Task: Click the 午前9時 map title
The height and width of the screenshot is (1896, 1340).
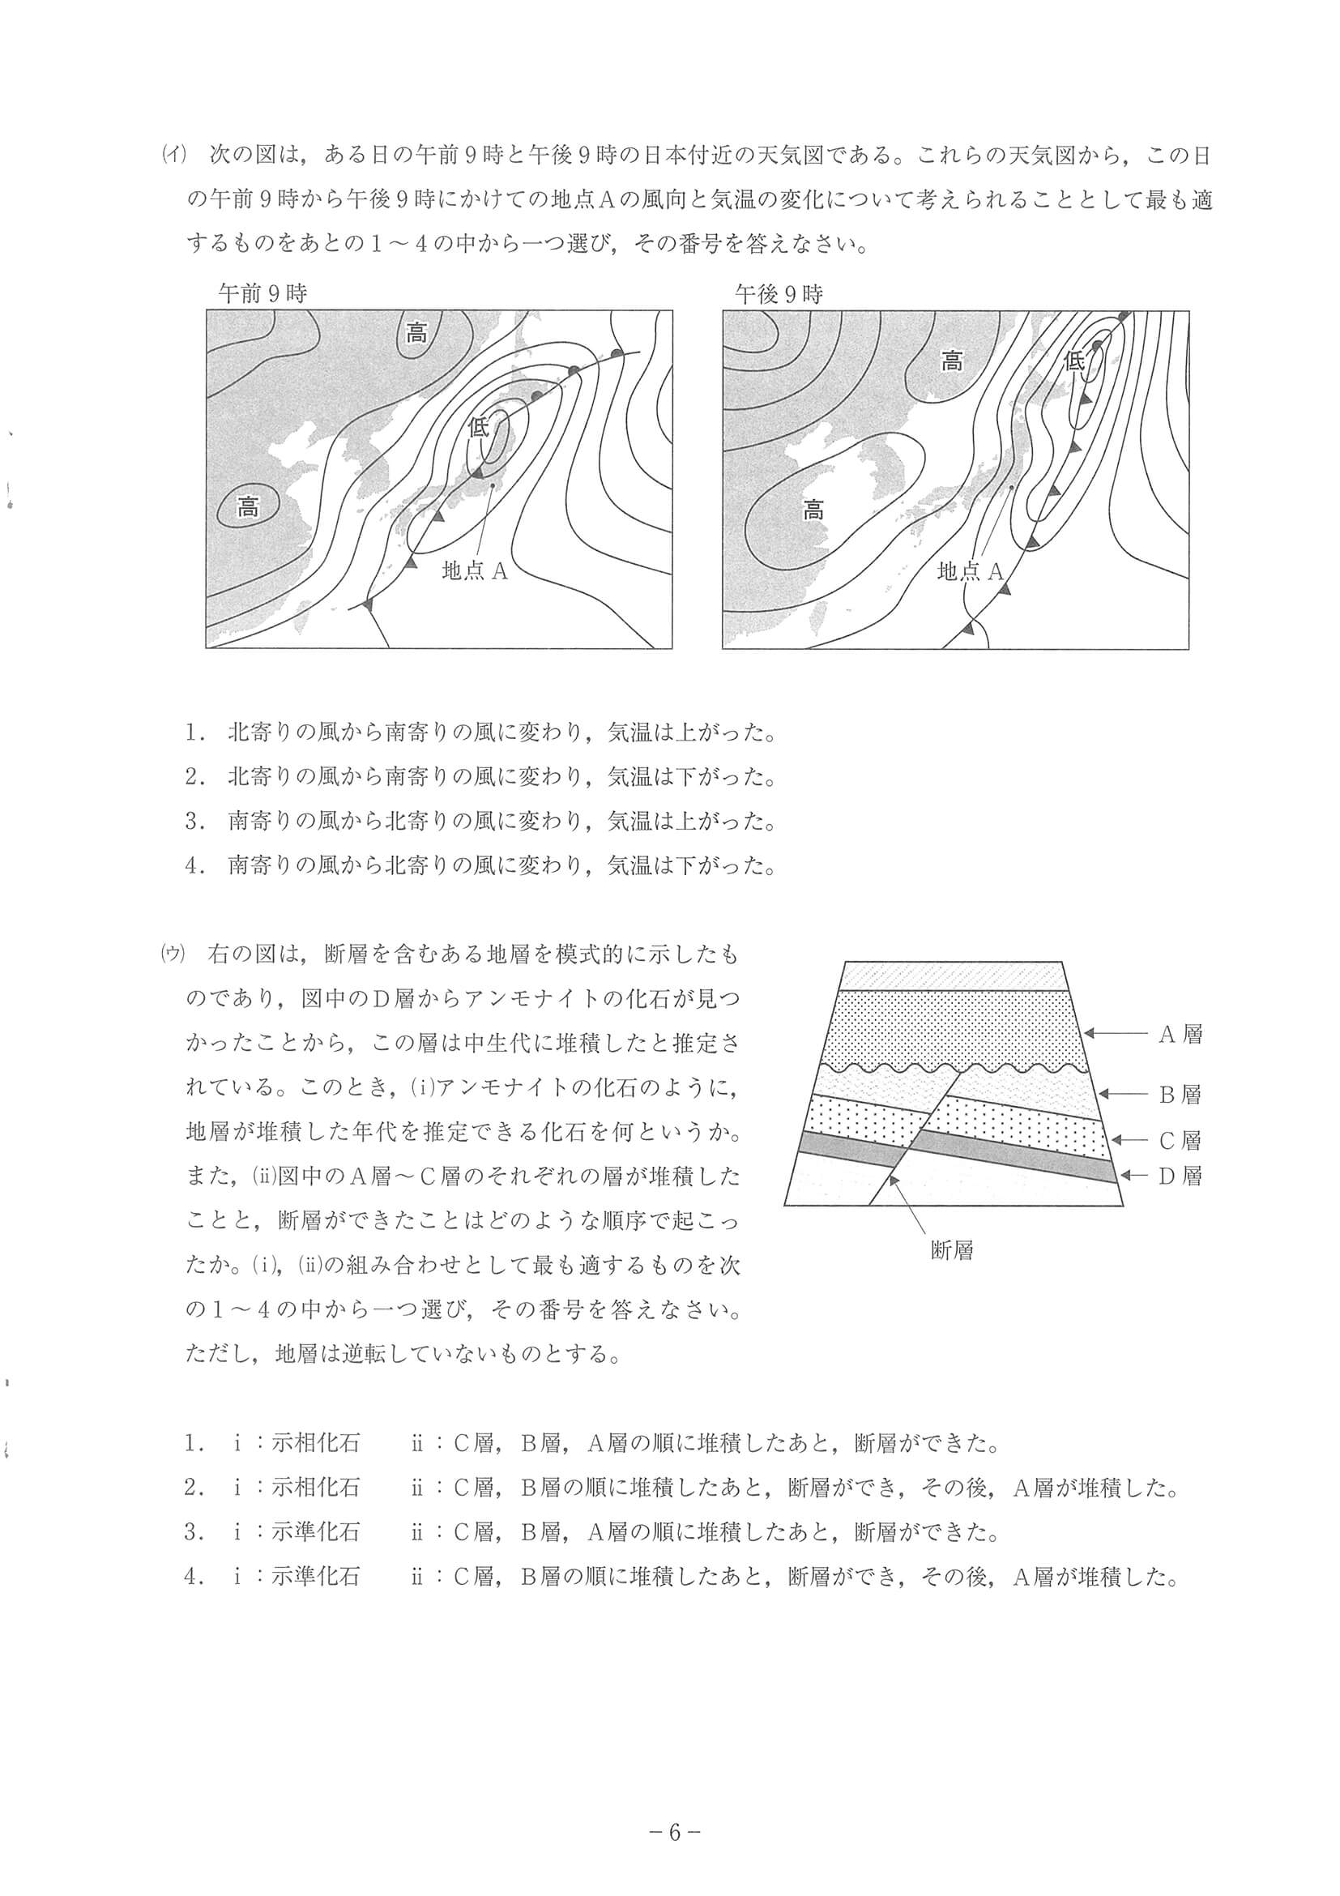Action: [262, 293]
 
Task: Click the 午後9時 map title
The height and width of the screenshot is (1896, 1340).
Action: [779, 294]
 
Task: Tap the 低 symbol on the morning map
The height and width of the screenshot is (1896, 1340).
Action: [479, 427]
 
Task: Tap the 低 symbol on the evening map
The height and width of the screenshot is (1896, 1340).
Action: [1074, 361]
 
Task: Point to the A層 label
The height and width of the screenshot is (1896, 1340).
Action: [1180, 1034]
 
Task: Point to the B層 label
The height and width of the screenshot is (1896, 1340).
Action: [1180, 1094]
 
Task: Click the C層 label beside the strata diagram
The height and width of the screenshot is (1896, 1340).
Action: [1180, 1140]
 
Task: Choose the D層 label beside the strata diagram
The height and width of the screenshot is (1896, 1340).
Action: [1180, 1175]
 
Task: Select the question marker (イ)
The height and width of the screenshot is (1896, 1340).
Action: [174, 155]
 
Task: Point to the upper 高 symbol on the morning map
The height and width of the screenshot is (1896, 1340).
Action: [417, 334]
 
